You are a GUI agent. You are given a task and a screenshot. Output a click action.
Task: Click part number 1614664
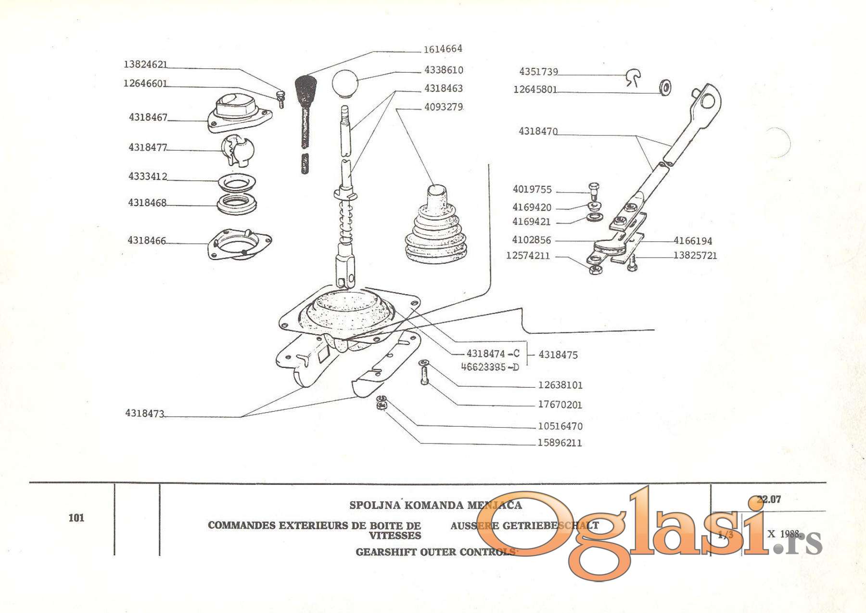443,49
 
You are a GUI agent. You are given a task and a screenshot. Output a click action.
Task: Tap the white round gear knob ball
345,83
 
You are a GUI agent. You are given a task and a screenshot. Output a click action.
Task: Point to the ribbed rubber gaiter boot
436,227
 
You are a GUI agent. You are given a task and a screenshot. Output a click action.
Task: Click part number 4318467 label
148,117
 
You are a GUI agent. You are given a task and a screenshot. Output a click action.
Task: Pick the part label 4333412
147,177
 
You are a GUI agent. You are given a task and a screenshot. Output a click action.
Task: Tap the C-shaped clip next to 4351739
634,77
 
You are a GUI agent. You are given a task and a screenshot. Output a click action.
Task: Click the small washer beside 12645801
665,88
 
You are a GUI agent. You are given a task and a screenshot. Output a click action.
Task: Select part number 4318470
538,131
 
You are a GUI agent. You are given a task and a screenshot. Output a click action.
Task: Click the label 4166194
693,241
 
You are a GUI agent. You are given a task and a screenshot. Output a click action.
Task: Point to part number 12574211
528,256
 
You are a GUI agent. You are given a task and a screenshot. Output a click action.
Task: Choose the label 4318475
558,355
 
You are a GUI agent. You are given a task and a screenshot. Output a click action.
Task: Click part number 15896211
560,443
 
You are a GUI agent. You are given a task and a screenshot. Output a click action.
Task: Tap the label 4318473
144,414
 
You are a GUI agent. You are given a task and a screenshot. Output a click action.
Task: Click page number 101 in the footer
76,518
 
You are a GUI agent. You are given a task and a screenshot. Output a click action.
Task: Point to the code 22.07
768,500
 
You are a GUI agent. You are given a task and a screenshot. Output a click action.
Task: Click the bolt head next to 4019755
594,186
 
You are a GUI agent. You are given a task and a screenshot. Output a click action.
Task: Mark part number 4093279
443,107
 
